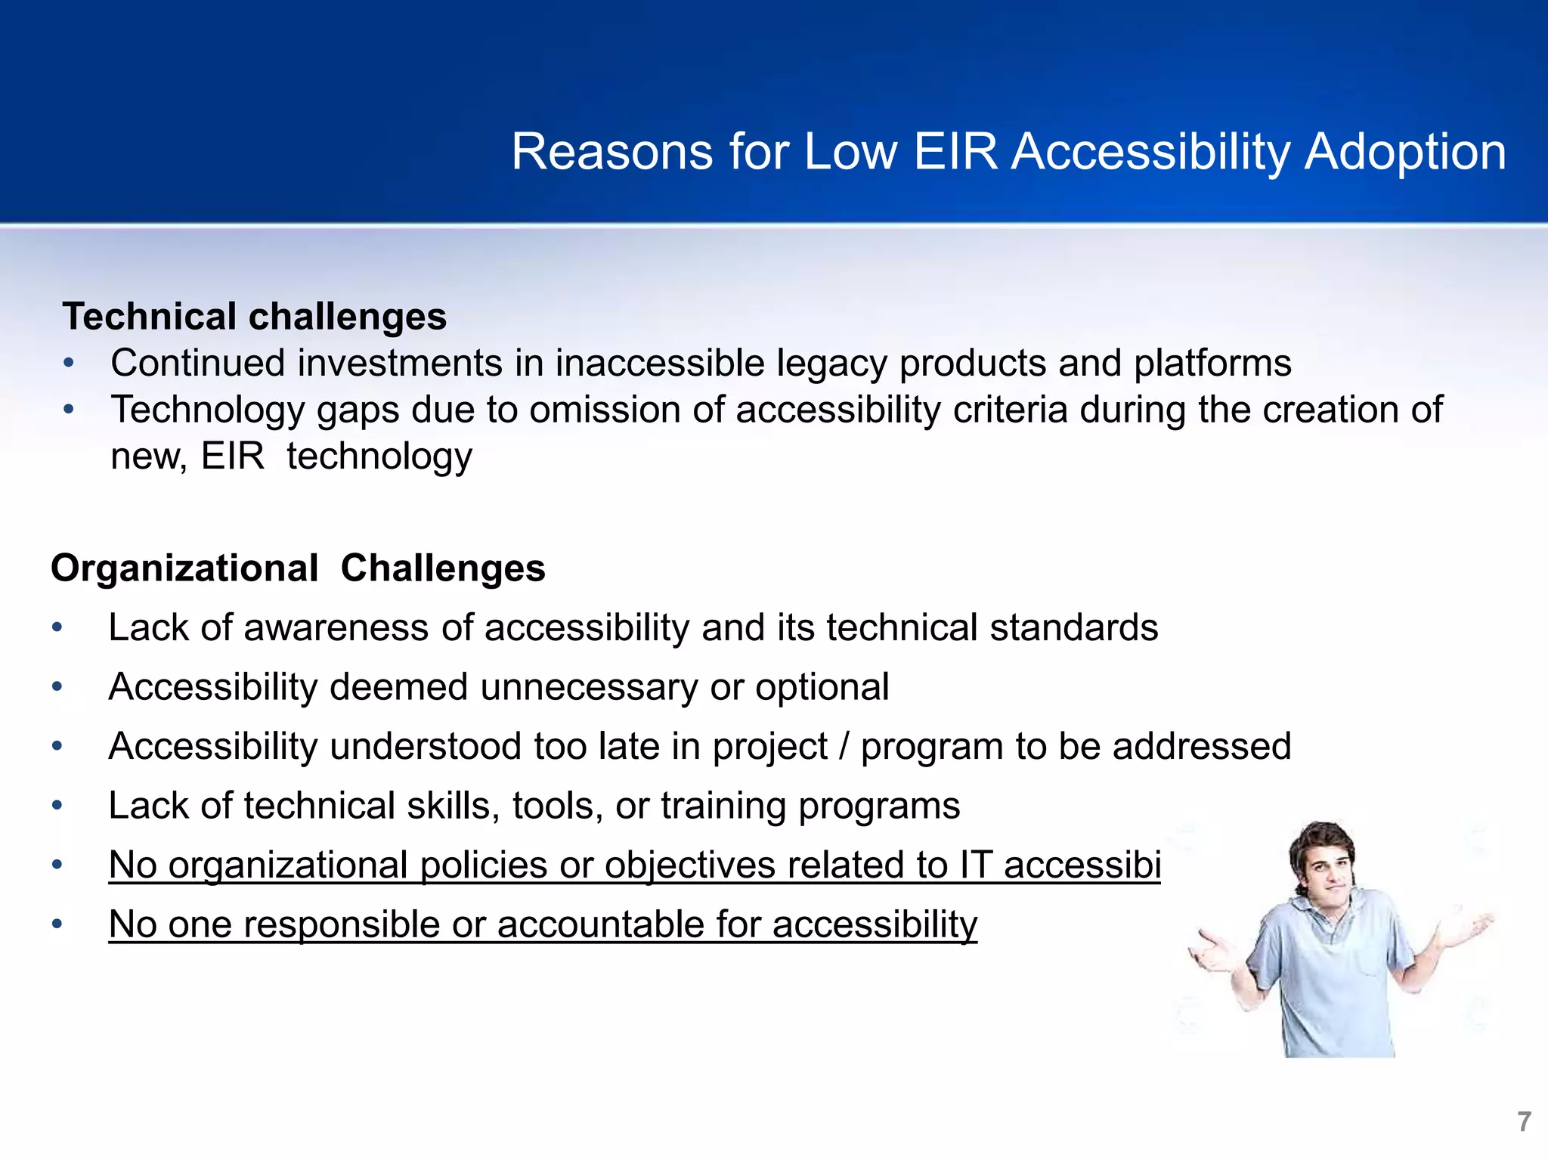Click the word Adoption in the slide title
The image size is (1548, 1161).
(1405, 153)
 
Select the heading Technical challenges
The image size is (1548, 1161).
(255, 316)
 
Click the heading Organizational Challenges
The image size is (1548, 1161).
(298, 568)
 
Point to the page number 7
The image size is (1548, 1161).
(1524, 1121)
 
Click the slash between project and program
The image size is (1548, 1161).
(844, 747)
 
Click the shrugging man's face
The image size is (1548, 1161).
(1324, 865)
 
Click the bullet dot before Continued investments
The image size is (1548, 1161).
(69, 364)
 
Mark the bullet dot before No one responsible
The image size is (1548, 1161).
(57, 924)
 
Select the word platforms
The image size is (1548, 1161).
(1212, 363)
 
